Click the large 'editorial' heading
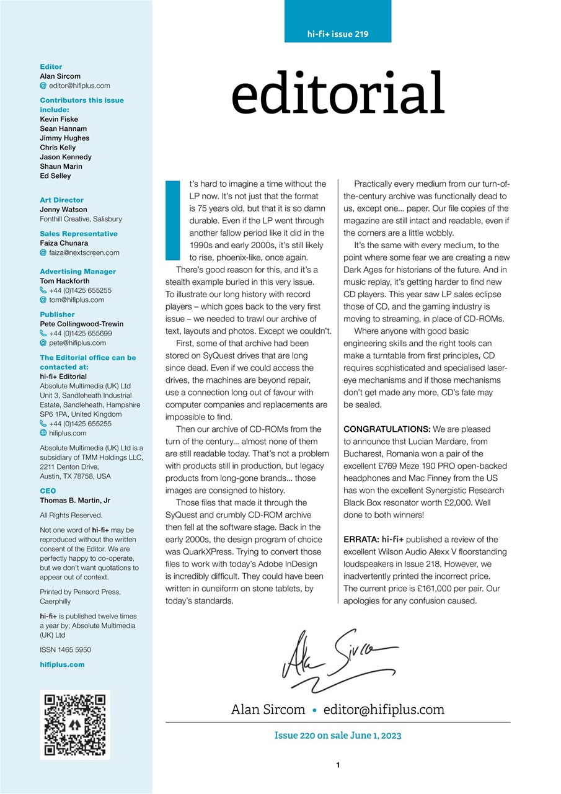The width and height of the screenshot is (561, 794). click(338, 94)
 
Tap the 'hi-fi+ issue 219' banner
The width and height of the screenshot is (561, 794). click(338, 34)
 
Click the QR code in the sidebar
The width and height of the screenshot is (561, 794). click(75, 725)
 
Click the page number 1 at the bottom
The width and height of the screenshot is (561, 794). click(338, 765)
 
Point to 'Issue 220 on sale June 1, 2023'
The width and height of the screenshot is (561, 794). click(338, 736)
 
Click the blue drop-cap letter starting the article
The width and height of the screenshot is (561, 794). click(172, 220)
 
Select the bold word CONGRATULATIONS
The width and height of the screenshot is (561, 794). click(387, 429)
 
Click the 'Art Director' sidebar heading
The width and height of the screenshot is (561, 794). click(61, 200)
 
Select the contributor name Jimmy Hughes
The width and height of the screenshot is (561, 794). click(64, 138)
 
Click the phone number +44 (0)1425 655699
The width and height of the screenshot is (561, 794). click(80, 333)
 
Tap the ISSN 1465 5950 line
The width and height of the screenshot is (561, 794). click(65, 650)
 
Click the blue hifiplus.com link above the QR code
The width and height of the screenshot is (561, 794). click(62, 664)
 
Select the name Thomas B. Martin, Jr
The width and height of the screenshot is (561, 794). click(76, 500)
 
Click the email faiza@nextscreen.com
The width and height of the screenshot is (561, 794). click(84, 252)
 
